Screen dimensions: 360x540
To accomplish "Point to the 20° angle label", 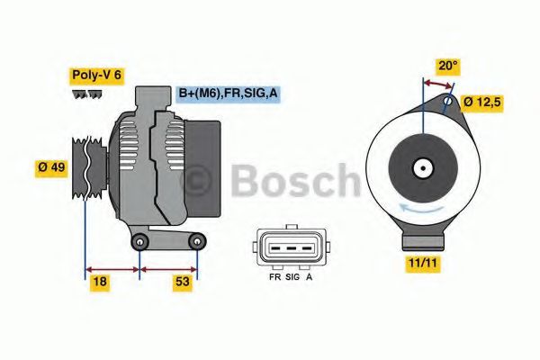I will [448, 66].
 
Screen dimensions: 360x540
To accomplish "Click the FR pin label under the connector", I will [274, 277].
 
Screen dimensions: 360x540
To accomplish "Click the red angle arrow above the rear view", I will [438, 83].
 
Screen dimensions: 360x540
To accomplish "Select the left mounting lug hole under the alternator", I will [139, 244].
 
